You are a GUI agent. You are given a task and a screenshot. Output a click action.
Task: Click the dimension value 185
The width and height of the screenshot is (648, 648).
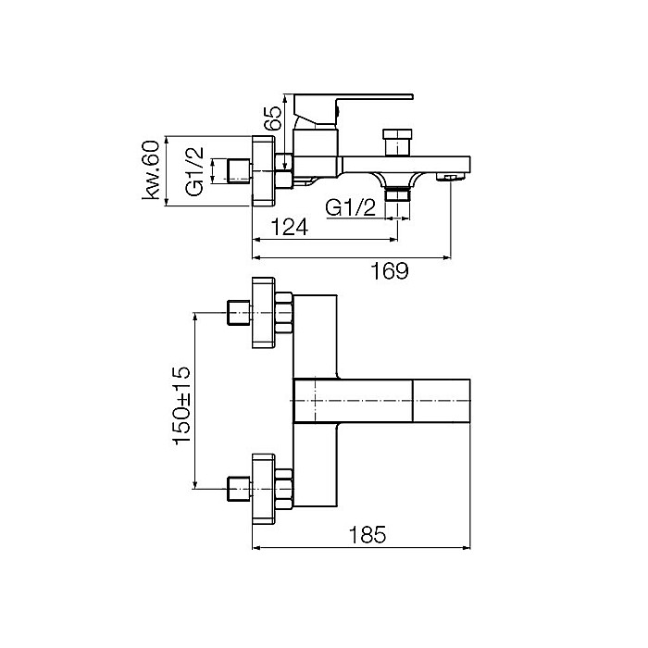[x=368, y=534]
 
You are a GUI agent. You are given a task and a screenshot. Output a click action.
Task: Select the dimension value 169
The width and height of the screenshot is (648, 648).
[x=390, y=270]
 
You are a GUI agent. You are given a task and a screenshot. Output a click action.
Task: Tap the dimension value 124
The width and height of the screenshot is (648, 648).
[x=289, y=227]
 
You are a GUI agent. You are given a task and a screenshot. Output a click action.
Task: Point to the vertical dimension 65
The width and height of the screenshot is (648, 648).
[x=272, y=118]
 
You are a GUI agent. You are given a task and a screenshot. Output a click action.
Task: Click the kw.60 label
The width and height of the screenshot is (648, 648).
[x=150, y=170]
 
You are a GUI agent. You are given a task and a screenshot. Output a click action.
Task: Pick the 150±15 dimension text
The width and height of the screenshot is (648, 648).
[x=181, y=405]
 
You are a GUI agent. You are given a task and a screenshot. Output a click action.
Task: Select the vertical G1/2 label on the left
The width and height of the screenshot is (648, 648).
[x=194, y=171]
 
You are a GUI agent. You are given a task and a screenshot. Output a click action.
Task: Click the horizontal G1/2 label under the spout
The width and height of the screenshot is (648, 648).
[x=351, y=207]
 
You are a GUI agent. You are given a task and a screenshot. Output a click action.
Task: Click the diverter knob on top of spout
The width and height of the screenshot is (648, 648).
[x=397, y=143]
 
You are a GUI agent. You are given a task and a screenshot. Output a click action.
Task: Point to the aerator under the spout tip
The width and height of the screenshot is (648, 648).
[x=451, y=178]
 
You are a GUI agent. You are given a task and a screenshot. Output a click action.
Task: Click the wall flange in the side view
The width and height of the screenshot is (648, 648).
[x=263, y=170]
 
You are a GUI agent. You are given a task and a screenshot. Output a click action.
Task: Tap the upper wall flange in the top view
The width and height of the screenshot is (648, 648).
[x=263, y=313]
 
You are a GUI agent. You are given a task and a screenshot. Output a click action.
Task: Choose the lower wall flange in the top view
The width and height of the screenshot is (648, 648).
[x=263, y=489]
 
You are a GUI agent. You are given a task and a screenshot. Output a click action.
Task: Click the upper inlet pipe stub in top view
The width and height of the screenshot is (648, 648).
[x=239, y=313]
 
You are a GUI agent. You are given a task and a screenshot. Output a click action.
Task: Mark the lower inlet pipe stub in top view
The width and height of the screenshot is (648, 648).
[x=239, y=490]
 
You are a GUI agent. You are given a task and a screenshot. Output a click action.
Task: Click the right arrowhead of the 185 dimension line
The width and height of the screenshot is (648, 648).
[x=467, y=548]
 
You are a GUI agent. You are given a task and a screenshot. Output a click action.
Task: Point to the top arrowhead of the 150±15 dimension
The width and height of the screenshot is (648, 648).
[x=194, y=317]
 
